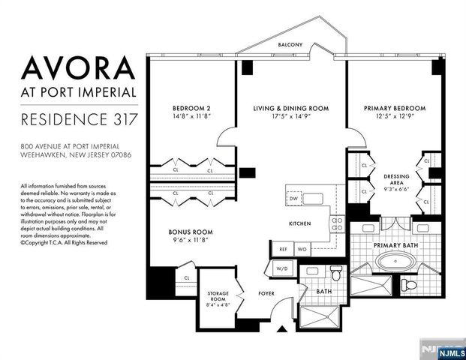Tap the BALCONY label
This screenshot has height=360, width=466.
click(289, 45)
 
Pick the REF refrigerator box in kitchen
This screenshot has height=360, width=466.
click(284, 248)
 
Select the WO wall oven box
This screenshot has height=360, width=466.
click(301, 248)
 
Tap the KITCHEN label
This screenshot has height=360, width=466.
click(300, 224)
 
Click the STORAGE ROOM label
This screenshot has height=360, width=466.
click(218, 296)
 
